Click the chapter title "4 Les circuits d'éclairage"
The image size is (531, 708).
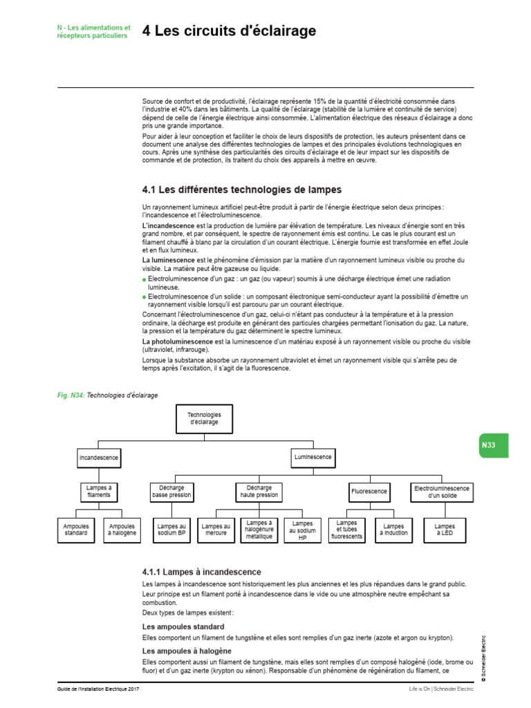pyautogui.click(x=229, y=31)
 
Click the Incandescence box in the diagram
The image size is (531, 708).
pyautogui.click(x=98, y=458)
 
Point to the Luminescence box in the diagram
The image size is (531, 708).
pyautogui.click(x=313, y=458)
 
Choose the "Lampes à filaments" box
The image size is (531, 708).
pyautogui.click(x=98, y=492)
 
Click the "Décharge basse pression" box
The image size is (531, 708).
pyautogui.click(x=172, y=492)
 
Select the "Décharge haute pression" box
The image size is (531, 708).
pyautogui.click(x=259, y=492)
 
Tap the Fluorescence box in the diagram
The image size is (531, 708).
pyautogui.click(x=369, y=492)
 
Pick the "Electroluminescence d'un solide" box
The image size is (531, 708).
pyautogui.click(x=442, y=492)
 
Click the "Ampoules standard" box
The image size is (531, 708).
pyautogui.click(x=76, y=530)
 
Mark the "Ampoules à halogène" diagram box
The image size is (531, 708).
pyautogui.click(x=122, y=530)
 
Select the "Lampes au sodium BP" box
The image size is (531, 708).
pyautogui.click(x=171, y=530)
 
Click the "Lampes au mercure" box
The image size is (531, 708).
pyautogui.click(x=216, y=530)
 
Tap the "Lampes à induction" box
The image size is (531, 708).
pyautogui.click(x=393, y=530)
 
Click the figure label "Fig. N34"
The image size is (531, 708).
pyautogui.click(x=70, y=395)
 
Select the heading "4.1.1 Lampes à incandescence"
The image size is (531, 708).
pyautogui.click(x=201, y=572)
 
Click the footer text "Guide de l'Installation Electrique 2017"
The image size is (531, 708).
pyautogui.click(x=102, y=690)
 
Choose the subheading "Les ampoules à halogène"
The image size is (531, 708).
pyautogui.click(x=186, y=651)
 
